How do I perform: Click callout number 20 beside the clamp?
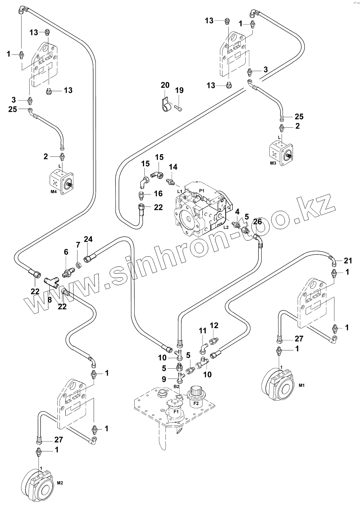(x=165, y=85)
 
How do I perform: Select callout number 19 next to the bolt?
(x=179, y=90)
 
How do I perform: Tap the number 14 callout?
(x=173, y=167)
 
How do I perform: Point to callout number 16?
(x=158, y=194)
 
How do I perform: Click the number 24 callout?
(x=88, y=239)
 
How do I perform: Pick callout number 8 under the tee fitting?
(x=49, y=300)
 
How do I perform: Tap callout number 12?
(x=214, y=325)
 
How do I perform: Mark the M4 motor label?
(x=54, y=192)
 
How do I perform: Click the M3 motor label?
(x=273, y=164)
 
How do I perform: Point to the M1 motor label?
(x=301, y=385)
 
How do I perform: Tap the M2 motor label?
(x=60, y=483)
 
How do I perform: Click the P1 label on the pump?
(x=202, y=190)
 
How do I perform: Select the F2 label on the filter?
(x=195, y=403)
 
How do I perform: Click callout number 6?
(x=66, y=252)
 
